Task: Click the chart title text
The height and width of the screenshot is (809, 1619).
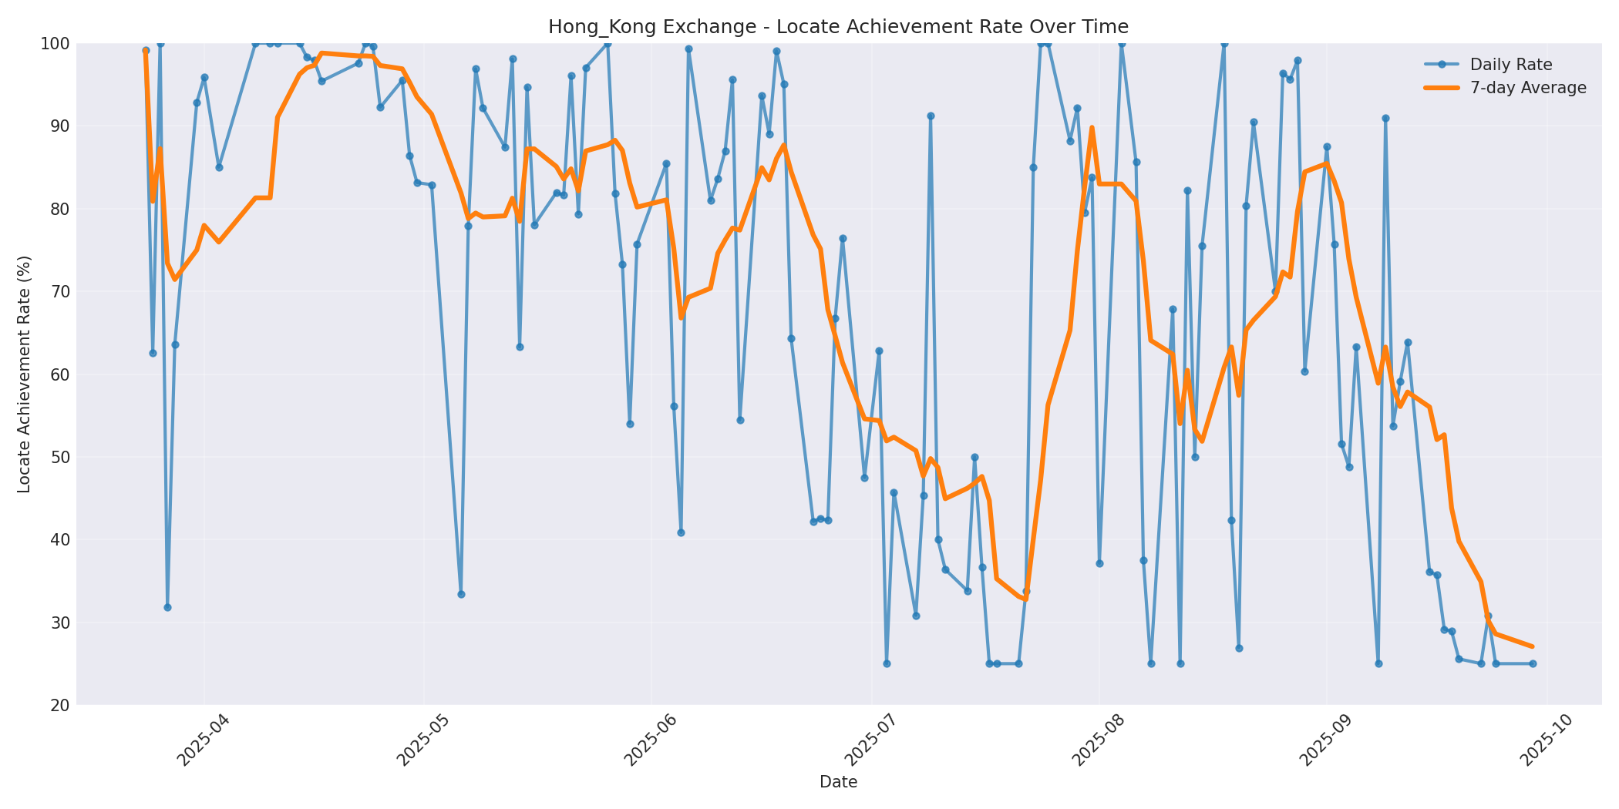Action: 838,27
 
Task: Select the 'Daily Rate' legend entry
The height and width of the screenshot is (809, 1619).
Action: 1510,65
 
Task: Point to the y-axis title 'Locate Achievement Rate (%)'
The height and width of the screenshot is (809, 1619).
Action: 24,374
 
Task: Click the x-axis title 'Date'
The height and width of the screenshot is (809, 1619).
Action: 838,782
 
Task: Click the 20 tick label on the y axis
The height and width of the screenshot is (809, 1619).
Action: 59,705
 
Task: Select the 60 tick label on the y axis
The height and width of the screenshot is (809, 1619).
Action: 59,374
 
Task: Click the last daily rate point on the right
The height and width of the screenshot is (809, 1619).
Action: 1533,663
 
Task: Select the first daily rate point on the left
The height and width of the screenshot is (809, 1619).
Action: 146,51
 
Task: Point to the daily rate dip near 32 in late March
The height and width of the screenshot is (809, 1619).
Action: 167,607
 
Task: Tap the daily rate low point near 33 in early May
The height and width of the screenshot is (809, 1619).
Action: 461,594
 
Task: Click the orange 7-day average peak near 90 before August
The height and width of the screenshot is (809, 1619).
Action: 1092,128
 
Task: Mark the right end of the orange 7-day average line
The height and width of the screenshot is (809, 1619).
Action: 1533,646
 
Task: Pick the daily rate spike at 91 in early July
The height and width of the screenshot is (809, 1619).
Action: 931,116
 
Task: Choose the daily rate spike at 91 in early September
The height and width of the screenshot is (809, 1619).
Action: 1385,118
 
